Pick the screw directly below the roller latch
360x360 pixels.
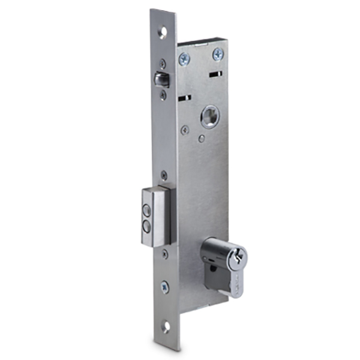(163, 95)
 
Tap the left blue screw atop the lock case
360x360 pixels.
(184, 58)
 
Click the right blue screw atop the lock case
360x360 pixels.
(217, 55)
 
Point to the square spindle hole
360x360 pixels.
(210, 117)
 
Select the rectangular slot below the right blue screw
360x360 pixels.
(216, 74)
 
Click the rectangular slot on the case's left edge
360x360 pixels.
(185, 97)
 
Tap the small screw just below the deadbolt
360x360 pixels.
(164, 254)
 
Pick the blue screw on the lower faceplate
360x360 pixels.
(165, 287)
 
